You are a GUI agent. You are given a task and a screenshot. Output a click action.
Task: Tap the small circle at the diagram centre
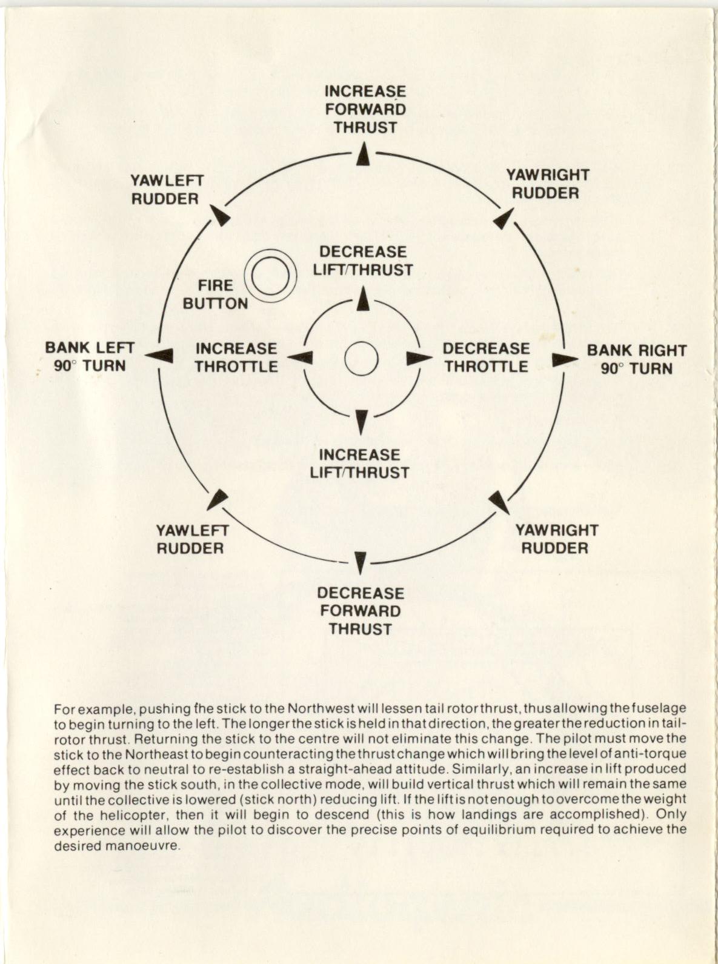tap(361, 359)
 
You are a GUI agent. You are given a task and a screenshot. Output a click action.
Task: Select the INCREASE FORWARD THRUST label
tap(365, 110)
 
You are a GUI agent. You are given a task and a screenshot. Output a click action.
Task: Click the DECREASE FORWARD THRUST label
tap(361, 611)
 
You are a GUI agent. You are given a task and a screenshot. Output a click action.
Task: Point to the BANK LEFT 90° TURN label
tap(90, 357)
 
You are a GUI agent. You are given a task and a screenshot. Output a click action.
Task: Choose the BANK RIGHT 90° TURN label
tap(636, 359)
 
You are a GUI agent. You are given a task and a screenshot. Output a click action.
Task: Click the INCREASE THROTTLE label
tap(236, 357)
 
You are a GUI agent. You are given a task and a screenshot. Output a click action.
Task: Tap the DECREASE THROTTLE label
tap(486, 357)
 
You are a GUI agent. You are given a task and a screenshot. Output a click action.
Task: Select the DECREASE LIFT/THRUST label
tap(363, 261)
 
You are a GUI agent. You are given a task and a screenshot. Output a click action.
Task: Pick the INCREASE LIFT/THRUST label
tap(360, 464)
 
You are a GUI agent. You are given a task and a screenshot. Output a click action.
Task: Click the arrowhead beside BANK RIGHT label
tap(564, 359)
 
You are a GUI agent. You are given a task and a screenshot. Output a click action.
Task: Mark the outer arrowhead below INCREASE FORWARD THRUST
tap(363, 154)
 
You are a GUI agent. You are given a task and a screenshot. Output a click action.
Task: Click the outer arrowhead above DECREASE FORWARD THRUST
tap(361, 563)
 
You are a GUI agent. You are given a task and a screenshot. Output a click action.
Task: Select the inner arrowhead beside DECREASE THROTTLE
tap(416, 358)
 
